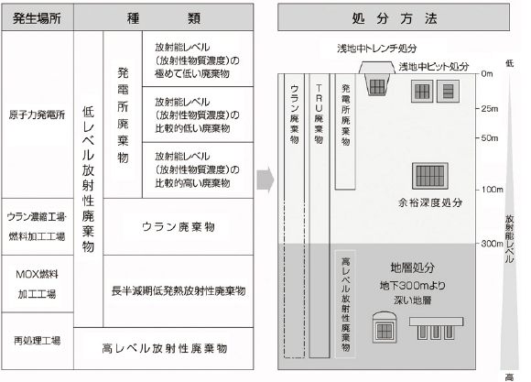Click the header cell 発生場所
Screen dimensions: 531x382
pos(38,17)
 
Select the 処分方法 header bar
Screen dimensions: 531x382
pos(394,17)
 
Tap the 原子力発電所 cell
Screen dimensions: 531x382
pos(38,115)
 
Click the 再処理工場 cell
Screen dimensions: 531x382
pos(38,341)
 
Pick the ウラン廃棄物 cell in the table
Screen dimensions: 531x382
pos(179,227)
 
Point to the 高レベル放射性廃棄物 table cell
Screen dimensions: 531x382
pos(164,348)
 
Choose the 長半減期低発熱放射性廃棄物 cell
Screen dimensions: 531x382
pos(179,291)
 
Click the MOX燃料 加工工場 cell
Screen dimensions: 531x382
pos(38,284)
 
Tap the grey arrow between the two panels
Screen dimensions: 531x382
pos(265,180)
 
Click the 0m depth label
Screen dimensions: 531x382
pos(487,74)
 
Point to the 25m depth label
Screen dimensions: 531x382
pos(490,109)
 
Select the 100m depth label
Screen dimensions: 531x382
pos(492,190)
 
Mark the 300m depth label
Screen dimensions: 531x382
pos(492,244)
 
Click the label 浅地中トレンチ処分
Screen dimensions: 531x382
pos(377,49)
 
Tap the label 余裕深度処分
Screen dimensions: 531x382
pos(430,202)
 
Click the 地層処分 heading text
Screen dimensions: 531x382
pos(413,267)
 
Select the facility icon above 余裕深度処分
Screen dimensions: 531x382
pos(430,176)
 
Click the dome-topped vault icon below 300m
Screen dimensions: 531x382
pos(385,327)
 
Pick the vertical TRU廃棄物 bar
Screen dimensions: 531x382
pos(319,215)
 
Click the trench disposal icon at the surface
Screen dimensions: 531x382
pos(377,78)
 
